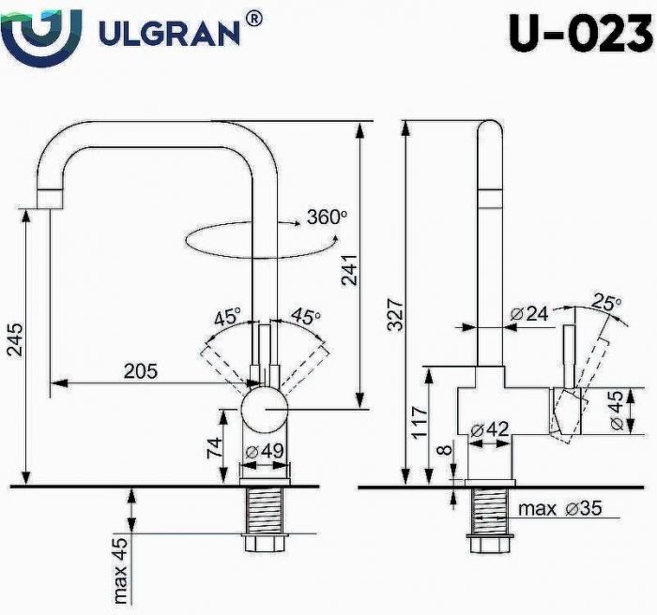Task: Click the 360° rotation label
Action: pyautogui.click(x=326, y=217)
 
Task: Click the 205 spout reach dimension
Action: pyautogui.click(x=141, y=370)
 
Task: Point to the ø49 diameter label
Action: pyautogui.click(x=265, y=452)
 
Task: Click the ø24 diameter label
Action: pyautogui.click(x=528, y=315)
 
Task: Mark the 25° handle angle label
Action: pyautogui.click(x=605, y=302)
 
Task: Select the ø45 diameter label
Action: pyautogui.click(x=616, y=410)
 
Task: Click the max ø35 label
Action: pyautogui.click(x=560, y=509)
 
